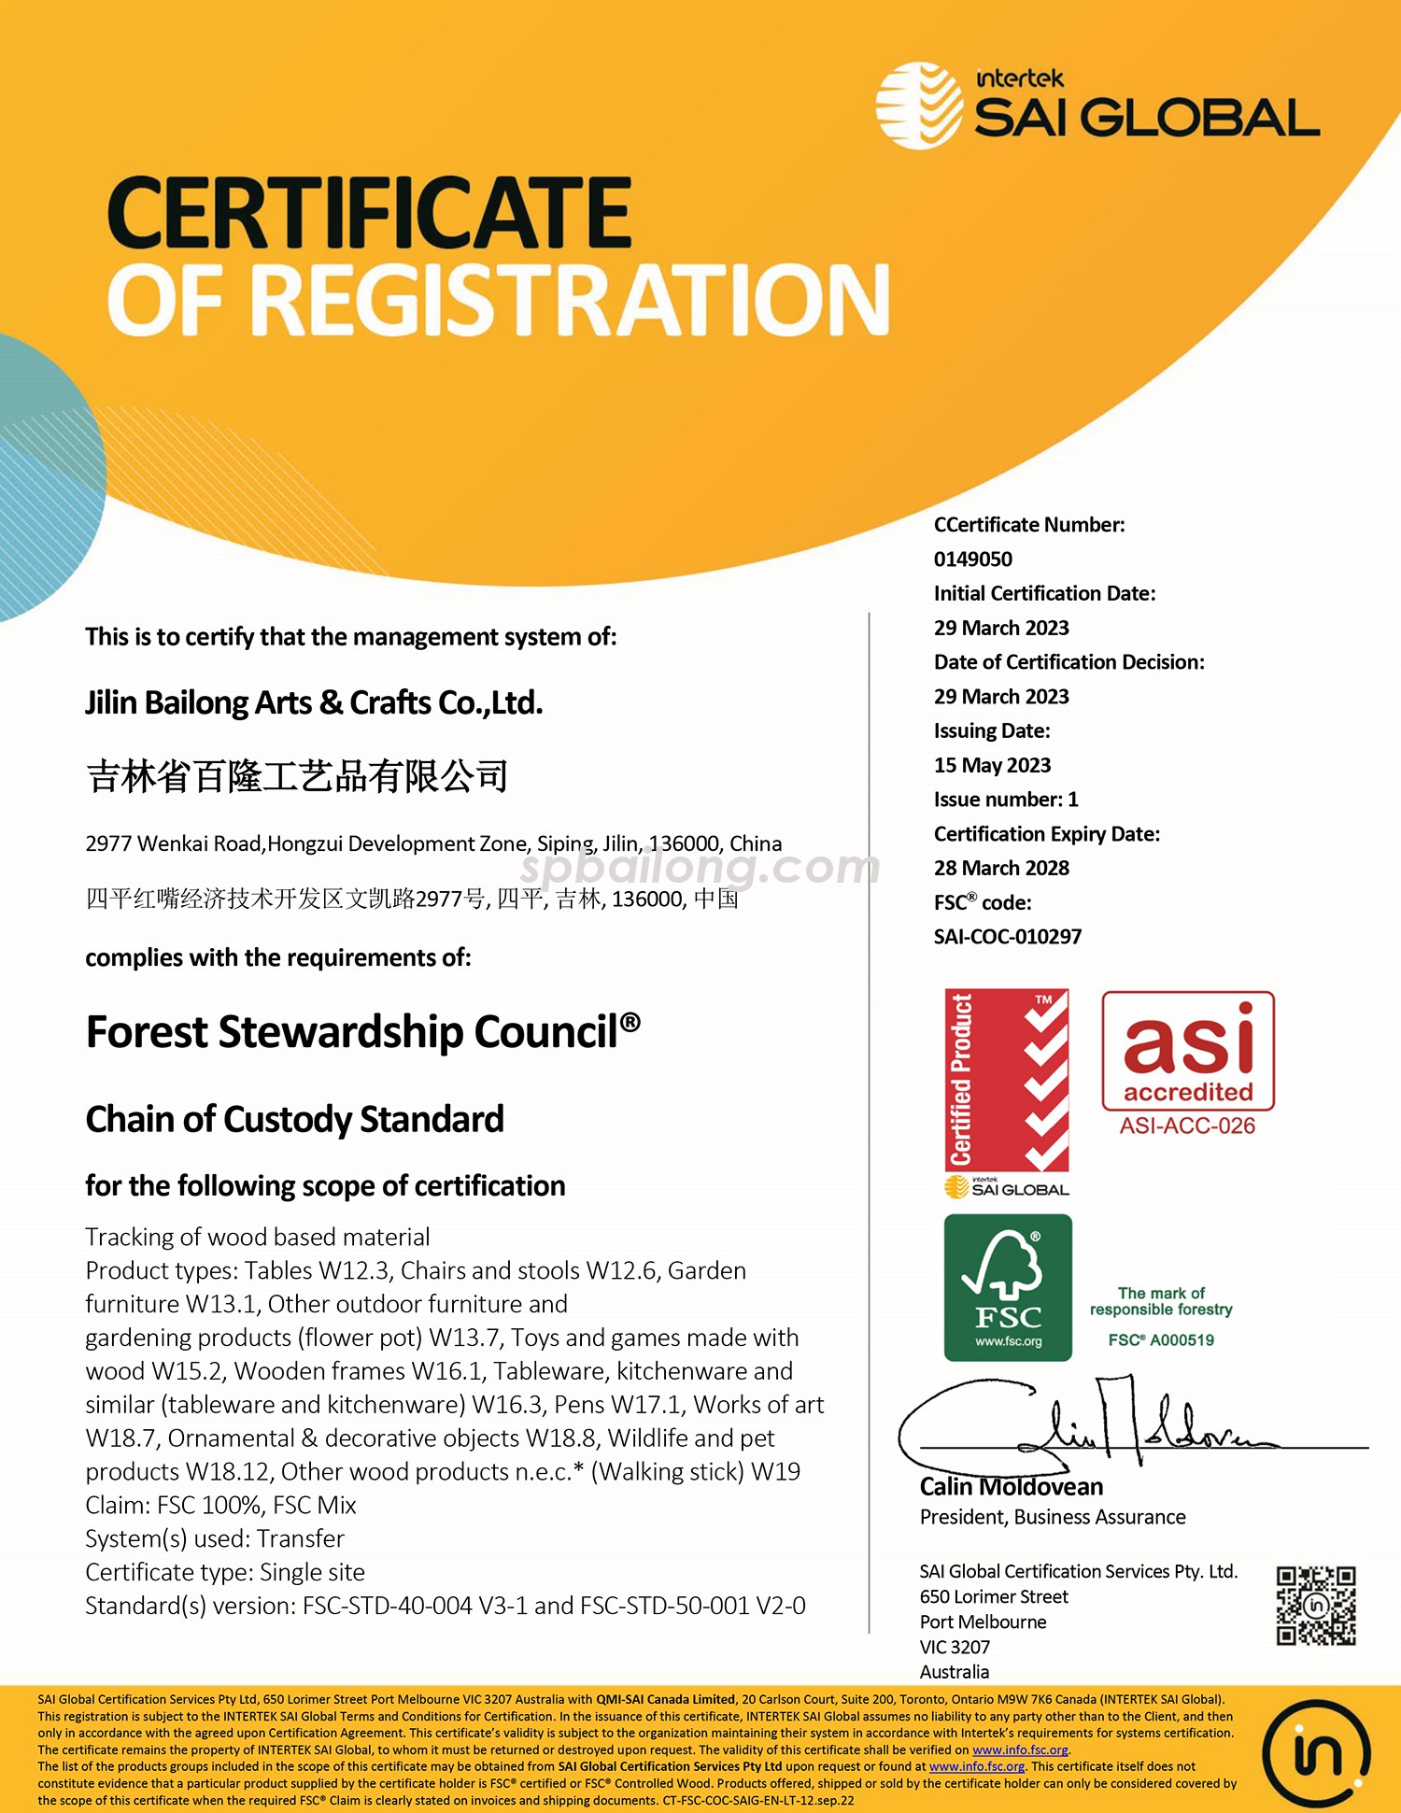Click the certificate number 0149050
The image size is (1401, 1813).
point(972,559)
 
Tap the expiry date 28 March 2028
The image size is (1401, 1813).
point(1001,869)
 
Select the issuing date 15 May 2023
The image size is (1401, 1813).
point(992,766)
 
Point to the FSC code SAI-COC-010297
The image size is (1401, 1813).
point(1008,937)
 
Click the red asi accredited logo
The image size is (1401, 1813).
point(1188,1051)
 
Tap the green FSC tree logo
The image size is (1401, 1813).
point(1008,1287)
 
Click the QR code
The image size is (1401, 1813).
point(1316,1606)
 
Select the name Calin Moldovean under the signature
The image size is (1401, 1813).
point(1012,1487)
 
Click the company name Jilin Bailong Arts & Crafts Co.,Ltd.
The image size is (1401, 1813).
point(314,702)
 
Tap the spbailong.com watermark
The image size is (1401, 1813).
point(699,868)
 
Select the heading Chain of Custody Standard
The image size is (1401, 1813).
point(295,1119)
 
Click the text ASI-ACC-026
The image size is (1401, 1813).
point(1187,1126)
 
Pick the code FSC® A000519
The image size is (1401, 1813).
point(1161,1340)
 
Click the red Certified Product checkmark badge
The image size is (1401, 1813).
point(1007,1080)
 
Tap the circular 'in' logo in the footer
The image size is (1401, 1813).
point(1316,1753)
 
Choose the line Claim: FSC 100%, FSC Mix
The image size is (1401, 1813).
point(220,1506)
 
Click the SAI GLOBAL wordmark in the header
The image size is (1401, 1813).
point(1146,119)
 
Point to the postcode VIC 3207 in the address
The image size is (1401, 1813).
point(955,1648)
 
